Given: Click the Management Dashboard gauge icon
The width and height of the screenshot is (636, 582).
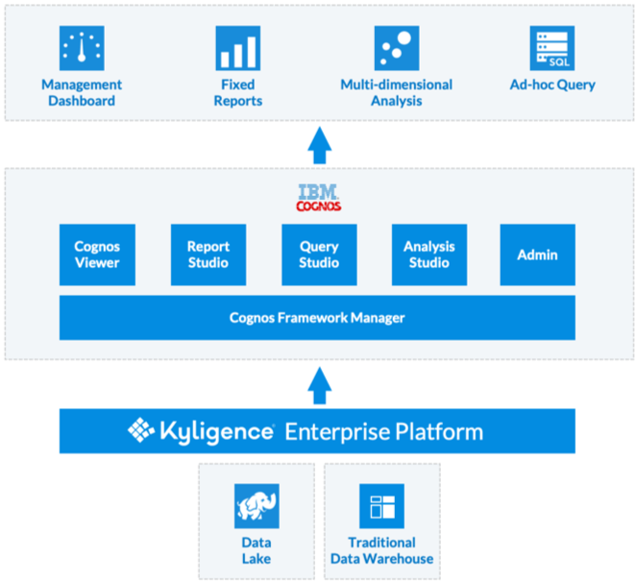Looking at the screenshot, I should pyautogui.click(x=82, y=47).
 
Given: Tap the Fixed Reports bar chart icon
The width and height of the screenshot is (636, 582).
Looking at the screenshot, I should pyautogui.click(x=238, y=47).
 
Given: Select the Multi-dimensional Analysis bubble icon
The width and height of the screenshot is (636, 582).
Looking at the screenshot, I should pyautogui.click(x=395, y=47).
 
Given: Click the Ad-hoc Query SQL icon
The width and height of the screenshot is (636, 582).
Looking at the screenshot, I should pyautogui.click(x=551, y=47).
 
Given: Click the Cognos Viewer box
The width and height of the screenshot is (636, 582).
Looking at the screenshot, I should pyautogui.click(x=97, y=255).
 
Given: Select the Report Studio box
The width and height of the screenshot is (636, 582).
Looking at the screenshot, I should pyautogui.click(x=208, y=255).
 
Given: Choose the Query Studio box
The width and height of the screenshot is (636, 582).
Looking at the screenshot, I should pyautogui.click(x=319, y=255).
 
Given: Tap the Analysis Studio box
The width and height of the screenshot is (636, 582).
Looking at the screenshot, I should pyautogui.click(x=429, y=255).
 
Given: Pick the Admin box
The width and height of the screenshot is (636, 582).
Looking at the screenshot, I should pyautogui.click(x=537, y=255).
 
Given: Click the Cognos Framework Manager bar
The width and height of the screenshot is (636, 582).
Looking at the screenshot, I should pyautogui.click(x=317, y=318).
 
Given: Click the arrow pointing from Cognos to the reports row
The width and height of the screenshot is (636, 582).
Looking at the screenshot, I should pyautogui.click(x=319, y=147).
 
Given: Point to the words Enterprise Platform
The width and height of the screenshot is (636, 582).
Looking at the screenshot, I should pyautogui.click(x=383, y=432).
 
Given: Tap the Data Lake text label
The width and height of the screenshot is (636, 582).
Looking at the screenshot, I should pyautogui.click(x=257, y=550).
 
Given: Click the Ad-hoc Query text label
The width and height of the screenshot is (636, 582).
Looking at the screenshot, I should pyautogui.click(x=552, y=85).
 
